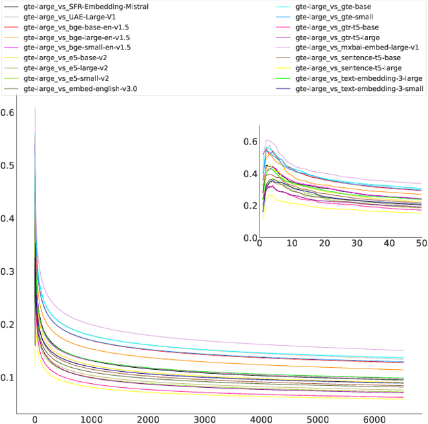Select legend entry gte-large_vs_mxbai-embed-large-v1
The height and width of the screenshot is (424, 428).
[x=355, y=47]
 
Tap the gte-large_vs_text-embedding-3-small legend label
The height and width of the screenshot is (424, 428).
[x=358, y=88]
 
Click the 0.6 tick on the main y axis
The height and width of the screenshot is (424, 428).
[x=8, y=114]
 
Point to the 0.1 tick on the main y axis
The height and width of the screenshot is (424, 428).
[x=8, y=378]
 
